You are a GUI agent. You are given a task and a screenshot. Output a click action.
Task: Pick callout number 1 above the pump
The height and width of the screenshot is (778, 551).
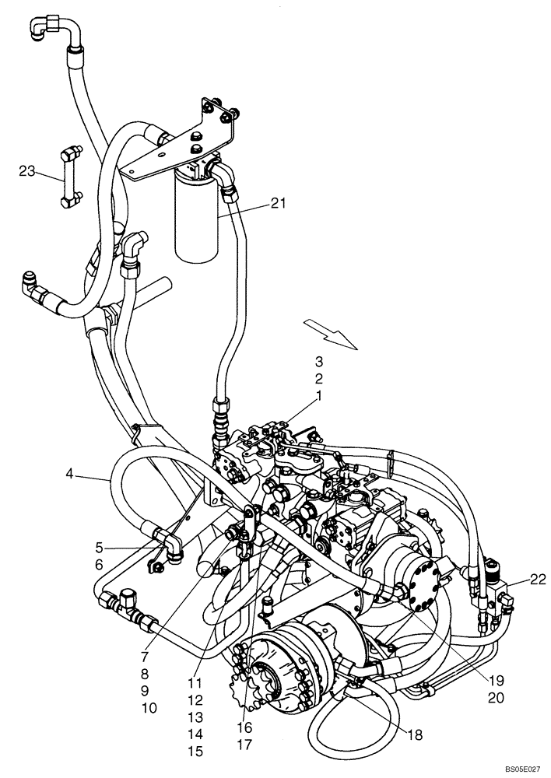click(x=318, y=397)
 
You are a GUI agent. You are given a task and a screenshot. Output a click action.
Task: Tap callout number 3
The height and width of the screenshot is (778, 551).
click(x=318, y=361)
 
